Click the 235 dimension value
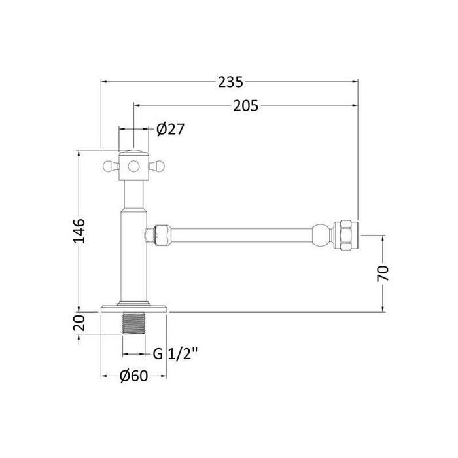pyautogui.click(x=230, y=82)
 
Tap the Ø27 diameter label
pyautogui.click(x=171, y=130)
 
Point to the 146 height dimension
pyautogui.click(x=78, y=231)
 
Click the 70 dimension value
pyautogui.click(x=384, y=272)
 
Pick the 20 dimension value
pyautogui.click(x=78, y=323)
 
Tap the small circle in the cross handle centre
pyautogui.click(x=133, y=167)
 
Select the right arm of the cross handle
pyautogui.click(x=158, y=167)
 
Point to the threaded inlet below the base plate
pyautogui.click(x=133, y=325)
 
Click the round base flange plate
pyautogui.click(x=133, y=308)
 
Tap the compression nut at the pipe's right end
pyautogui.click(x=345, y=235)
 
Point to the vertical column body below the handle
pyautogui.click(x=133, y=255)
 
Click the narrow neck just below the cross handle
pyautogui.click(x=133, y=193)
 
